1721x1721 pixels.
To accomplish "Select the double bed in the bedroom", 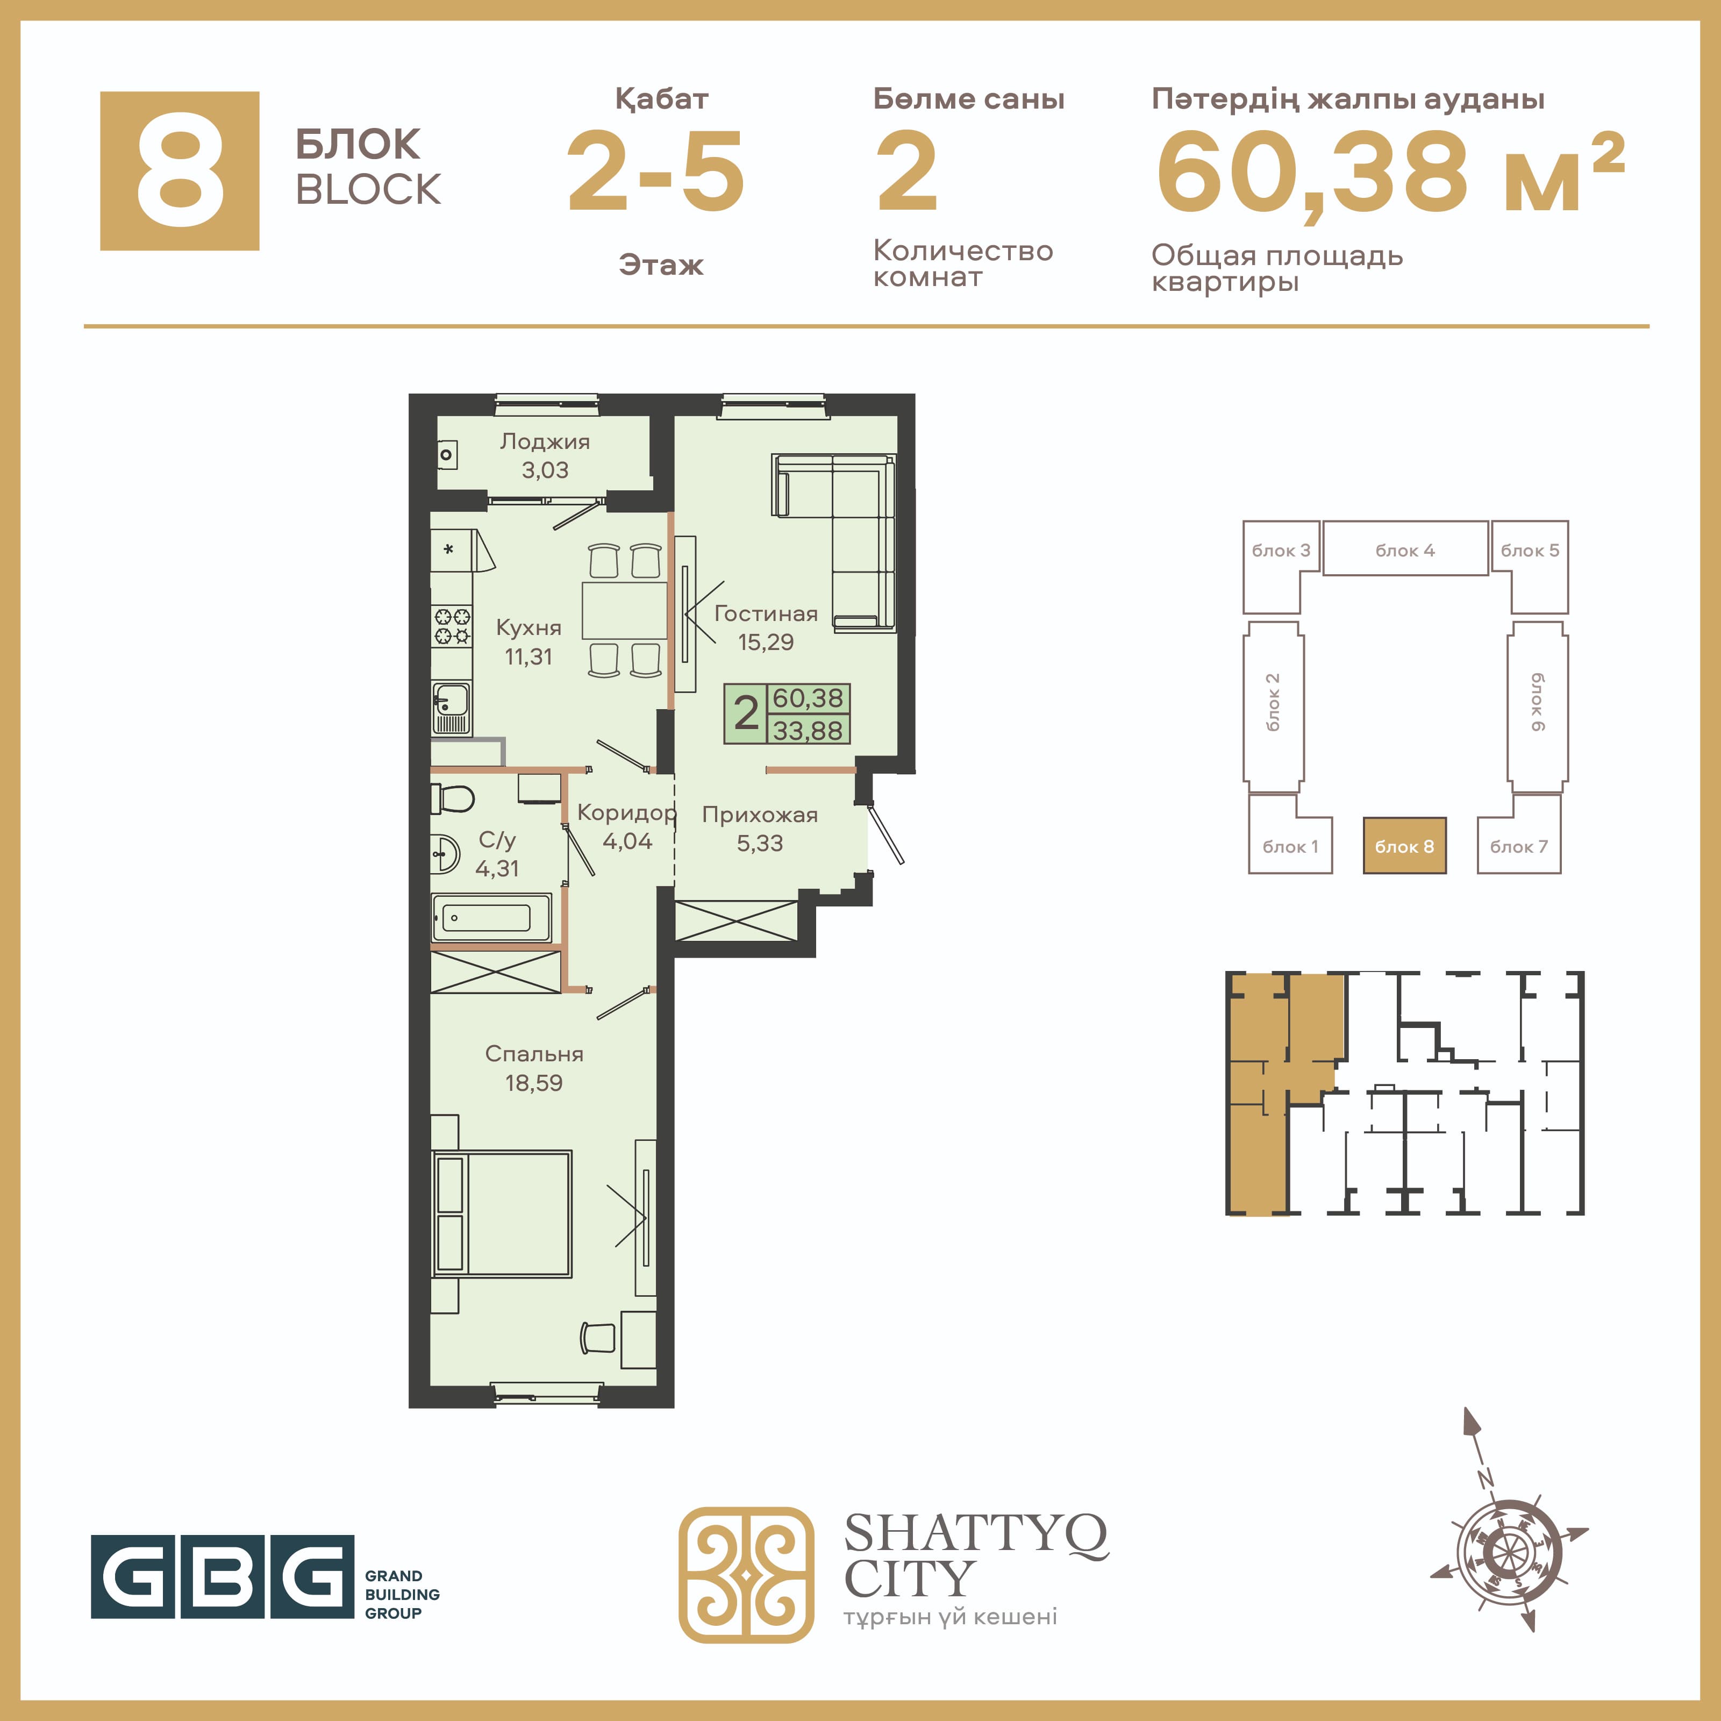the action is (x=502, y=1213).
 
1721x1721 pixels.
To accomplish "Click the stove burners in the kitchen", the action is (x=452, y=625).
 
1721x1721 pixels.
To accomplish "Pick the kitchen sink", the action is (x=452, y=708).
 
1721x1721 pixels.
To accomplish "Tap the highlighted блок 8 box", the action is (x=1405, y=845).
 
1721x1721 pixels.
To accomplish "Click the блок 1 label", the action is (x=1290, y=846).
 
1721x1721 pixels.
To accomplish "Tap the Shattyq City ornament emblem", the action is (x=746, y=1575).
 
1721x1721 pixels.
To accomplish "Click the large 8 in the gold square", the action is (x=180, y=171).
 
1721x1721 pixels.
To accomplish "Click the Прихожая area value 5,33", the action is (x=760, y=842).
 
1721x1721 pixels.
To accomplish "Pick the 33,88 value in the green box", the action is (x=807, y=731).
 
